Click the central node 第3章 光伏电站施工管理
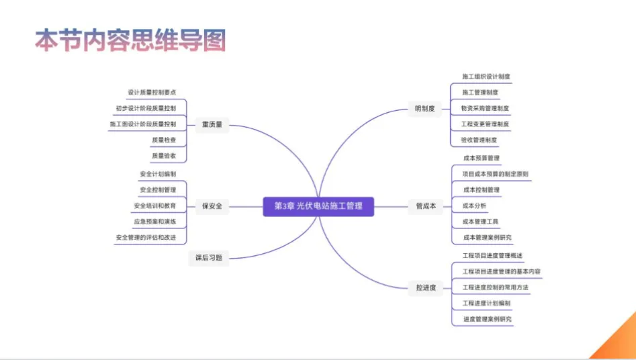tap(318, 206)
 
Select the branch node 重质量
tap(212, 124)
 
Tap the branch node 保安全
tap(212, 206)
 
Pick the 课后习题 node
tap(208, 257)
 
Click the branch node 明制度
tap(425, 108)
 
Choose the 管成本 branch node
tap(426, 206)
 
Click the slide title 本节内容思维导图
tap(130, 40)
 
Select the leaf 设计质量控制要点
tap(152, 92)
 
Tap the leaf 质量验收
tap(164, 156)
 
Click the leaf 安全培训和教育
tap(155, 206)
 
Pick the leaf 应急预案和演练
tap(155, 222)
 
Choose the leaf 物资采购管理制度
tap(485, 108)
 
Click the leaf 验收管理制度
tap(479, 140)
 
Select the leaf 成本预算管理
tap(482, 159)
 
